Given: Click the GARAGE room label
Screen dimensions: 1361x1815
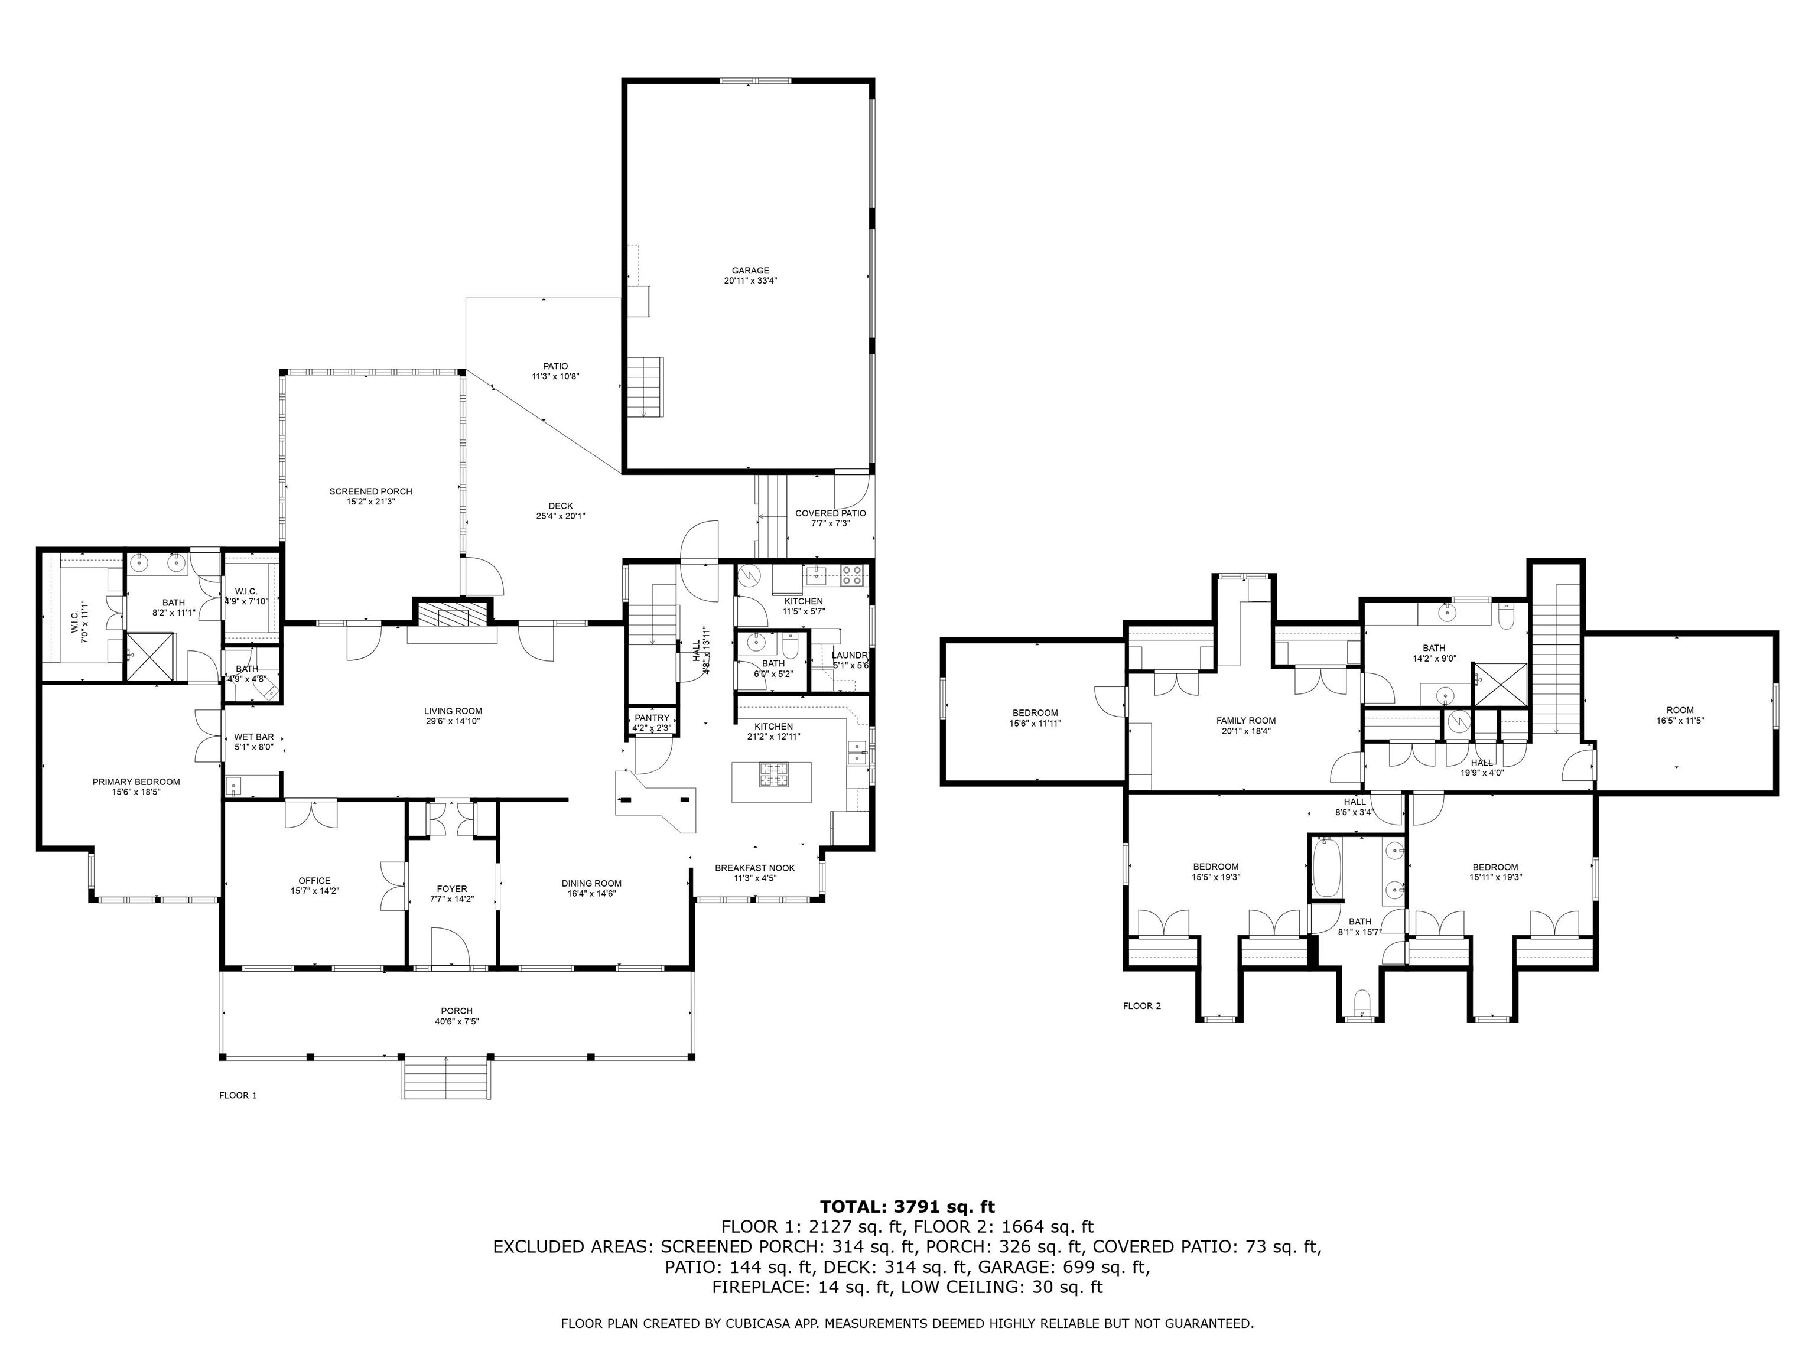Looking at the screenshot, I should point(750,271).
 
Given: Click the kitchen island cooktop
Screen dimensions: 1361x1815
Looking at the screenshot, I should point(772,770).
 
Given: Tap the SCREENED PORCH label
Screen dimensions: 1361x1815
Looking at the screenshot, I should point(371,491).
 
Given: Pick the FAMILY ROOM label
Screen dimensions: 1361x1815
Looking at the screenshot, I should point(1245,720).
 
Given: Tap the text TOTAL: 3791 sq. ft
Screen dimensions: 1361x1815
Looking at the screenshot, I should point(907,1207).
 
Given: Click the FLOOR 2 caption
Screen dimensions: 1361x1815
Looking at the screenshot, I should point(1141,1006).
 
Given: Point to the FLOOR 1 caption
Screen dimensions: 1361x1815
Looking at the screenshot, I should point(238,1095).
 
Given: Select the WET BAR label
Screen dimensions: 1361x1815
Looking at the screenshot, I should point(253,737).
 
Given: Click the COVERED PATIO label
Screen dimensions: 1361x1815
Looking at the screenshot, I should point(830,513).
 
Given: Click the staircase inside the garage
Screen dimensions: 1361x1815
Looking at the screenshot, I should point(646,386).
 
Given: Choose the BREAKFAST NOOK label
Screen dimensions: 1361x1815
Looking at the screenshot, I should point(754,868).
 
